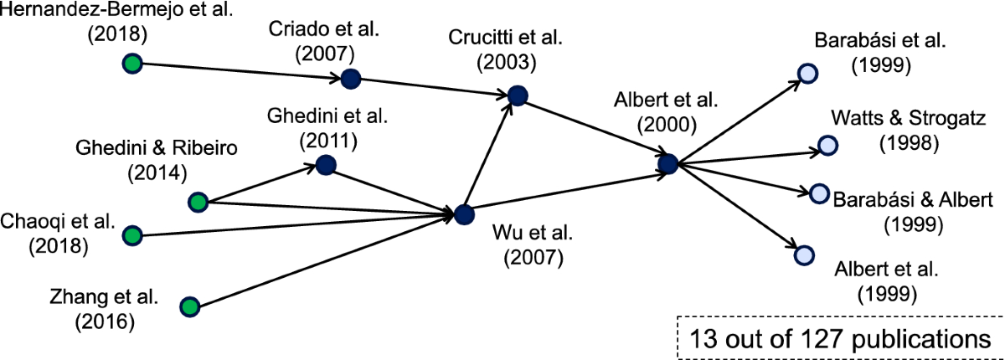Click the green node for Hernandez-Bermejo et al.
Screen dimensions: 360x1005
[131, 63]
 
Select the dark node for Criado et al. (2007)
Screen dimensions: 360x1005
[350, 79]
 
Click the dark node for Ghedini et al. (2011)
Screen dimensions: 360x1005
[326, 165]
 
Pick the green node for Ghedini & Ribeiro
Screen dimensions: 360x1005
[198, 202]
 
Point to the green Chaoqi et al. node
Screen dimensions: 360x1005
[131, 236]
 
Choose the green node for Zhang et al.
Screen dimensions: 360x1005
[190, 307]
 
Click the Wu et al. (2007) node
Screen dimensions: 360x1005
[464, 214]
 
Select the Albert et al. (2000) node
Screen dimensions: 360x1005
[667, 164]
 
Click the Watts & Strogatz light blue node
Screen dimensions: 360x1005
[827, 146]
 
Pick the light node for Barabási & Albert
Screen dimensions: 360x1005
[818, 193]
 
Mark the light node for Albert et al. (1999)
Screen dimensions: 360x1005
[803, 255]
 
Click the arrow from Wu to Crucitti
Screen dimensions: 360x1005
[490, 157]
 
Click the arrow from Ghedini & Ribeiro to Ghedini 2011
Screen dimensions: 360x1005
[260, 184]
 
